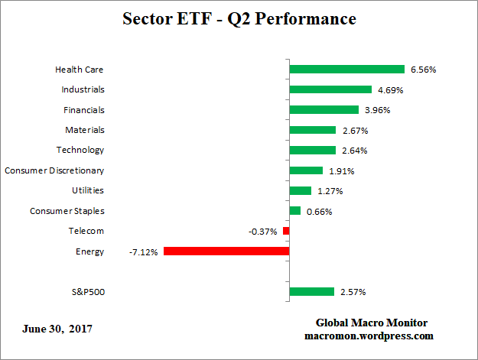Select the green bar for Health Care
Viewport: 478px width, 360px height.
tap(346, 70)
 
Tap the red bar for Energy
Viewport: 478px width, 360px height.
tap(226, 251)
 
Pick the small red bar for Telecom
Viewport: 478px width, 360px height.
tap(286, 231)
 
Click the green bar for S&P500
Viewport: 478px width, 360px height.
tap(312, 291)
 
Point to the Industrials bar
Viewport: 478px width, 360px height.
tap(330, 89)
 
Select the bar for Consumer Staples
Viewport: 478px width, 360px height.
tap(295, 210)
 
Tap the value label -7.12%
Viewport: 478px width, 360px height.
tap(144, 251)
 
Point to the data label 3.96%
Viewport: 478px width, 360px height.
tap(377, 110)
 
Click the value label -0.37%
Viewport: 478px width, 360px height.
tap(262, 231)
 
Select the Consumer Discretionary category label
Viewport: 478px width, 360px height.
tap(54, 170)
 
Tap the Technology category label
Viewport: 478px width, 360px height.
tap(80, 150)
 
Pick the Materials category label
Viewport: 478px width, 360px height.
tap(84, 130)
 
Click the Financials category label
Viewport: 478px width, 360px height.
tap(83, 110)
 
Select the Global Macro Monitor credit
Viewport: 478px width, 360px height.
tap(371, 323)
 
